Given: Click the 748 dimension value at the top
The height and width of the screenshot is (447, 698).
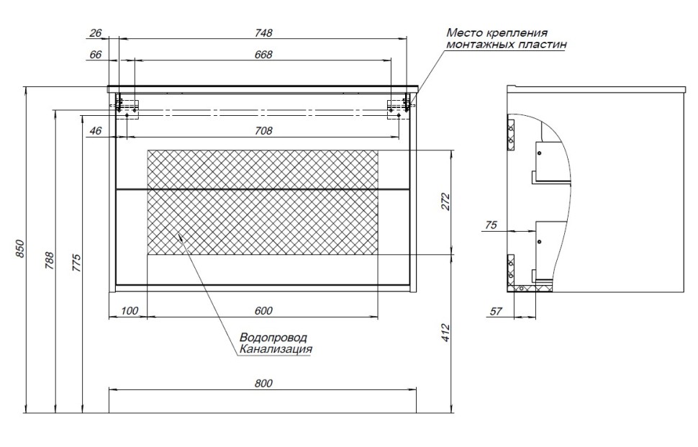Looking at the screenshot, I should click(x=263, y=33).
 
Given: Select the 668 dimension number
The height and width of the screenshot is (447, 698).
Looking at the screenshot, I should click(x=263, y=55).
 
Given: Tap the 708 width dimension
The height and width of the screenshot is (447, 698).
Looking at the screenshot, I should click(x=263, y=130).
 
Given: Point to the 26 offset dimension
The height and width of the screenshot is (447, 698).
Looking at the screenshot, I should click(x=96, y=33).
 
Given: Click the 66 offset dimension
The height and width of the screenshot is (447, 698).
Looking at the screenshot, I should click(x=96, y=55).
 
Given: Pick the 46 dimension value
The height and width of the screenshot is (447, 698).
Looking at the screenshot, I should click(x=96, y=130).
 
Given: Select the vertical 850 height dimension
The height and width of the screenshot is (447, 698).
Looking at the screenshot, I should click(x=21, y=248).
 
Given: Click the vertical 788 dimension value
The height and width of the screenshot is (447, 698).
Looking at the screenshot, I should click(x=49, y=260).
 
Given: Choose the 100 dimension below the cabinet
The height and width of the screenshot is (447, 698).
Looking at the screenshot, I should click(x=128, y=311).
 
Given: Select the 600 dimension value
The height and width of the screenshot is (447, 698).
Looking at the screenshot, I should click(x=263, y=311).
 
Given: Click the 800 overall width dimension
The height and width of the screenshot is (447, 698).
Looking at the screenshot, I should click(x=263, y=384).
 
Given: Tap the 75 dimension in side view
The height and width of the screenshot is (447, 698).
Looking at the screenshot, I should click(x=491, y=225).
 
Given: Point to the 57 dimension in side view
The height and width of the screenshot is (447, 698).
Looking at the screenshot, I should click(x=495, y=311).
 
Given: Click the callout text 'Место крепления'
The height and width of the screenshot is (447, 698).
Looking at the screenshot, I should click(x=497, y=33).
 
